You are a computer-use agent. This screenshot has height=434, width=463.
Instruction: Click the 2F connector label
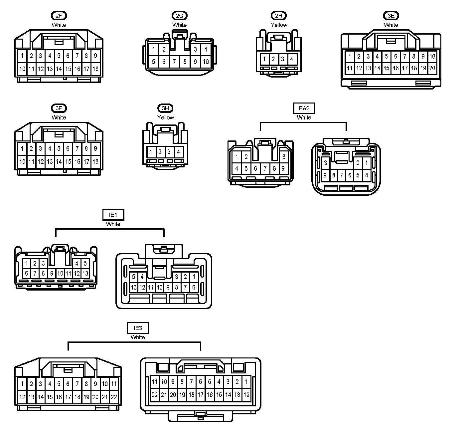tap(59, 16)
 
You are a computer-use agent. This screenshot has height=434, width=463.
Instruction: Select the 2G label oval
tap(180, 16)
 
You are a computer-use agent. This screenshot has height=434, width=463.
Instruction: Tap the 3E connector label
tap(391, 16)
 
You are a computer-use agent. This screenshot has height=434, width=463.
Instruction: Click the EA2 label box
tap(304, 108)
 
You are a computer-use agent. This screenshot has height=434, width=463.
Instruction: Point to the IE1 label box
tap(113, 215)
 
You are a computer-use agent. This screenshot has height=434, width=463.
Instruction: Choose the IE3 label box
tap(138, 328)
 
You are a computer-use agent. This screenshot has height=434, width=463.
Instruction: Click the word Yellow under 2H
tap(279, 25)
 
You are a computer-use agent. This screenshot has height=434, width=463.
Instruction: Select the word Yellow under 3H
tap(166, 117)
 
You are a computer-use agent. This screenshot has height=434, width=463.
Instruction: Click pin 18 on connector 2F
tap(95, 69)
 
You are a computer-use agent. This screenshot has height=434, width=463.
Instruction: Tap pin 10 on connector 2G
tap(206, 62)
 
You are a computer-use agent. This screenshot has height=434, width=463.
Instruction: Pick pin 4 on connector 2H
tap(292, 59)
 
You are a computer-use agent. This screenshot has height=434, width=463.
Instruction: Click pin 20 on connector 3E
tap(432, 68)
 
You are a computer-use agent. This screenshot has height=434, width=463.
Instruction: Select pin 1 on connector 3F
tap(22, 148)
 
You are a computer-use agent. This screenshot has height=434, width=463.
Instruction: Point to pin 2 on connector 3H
tap(160, 152)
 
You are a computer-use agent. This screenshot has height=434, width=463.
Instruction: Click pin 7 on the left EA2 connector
tap(265, 168)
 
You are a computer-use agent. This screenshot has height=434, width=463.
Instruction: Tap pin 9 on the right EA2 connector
tap(325, 175)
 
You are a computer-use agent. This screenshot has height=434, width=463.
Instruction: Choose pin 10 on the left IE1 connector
tap(60, 274)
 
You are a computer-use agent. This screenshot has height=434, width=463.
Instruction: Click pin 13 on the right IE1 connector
tap(133, 287)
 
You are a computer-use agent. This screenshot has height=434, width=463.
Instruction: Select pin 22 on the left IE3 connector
tap(114, 397)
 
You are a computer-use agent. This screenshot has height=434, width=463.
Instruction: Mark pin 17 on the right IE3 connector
tap(201, 395)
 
